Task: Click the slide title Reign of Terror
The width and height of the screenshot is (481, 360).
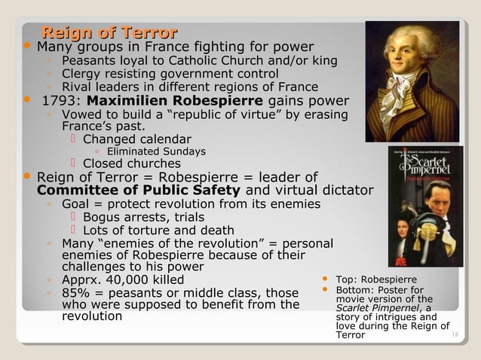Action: pos(109,32)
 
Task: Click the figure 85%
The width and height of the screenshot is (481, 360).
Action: pos(77,293)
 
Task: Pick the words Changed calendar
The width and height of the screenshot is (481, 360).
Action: pos(136,139)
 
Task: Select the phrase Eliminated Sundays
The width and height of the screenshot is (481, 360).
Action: pos(156,151)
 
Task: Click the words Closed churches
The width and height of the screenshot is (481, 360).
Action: pos(131,163)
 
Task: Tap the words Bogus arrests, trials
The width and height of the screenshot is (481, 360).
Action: pos(142,218)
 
